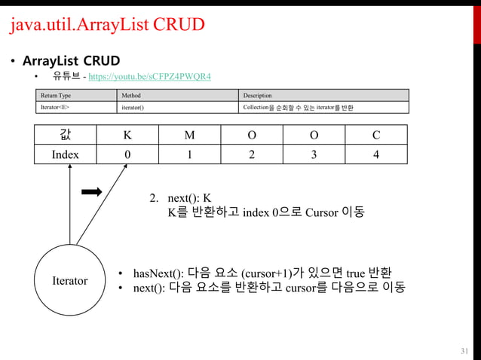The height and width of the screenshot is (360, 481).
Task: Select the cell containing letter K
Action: [x=127, y=136]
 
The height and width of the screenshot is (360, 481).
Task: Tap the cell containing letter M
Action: [x=189, y=136]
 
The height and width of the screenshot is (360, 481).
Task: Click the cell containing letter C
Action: [x=375, y=136]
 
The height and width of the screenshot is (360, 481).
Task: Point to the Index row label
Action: [x=65, y=154]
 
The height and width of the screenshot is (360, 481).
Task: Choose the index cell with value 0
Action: [x=127, y=154]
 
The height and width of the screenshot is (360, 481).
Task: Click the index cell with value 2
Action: [x=252, y=154]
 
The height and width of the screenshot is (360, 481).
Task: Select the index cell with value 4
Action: [x=375, y=154]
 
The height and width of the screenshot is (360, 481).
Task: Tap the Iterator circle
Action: [x=69, y=280]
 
